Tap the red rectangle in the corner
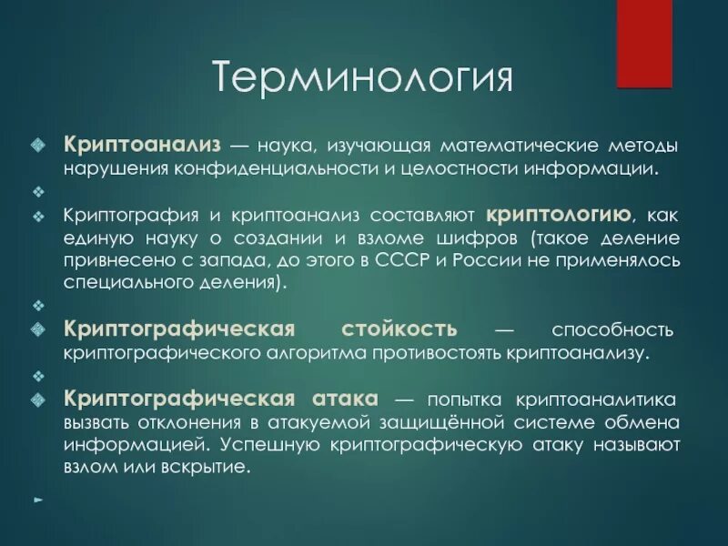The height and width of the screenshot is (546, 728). (644, 43)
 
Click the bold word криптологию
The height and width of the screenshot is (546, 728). (559, 215)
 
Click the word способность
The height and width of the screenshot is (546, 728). (612, 329)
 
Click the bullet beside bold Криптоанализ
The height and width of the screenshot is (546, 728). (37, 146)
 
